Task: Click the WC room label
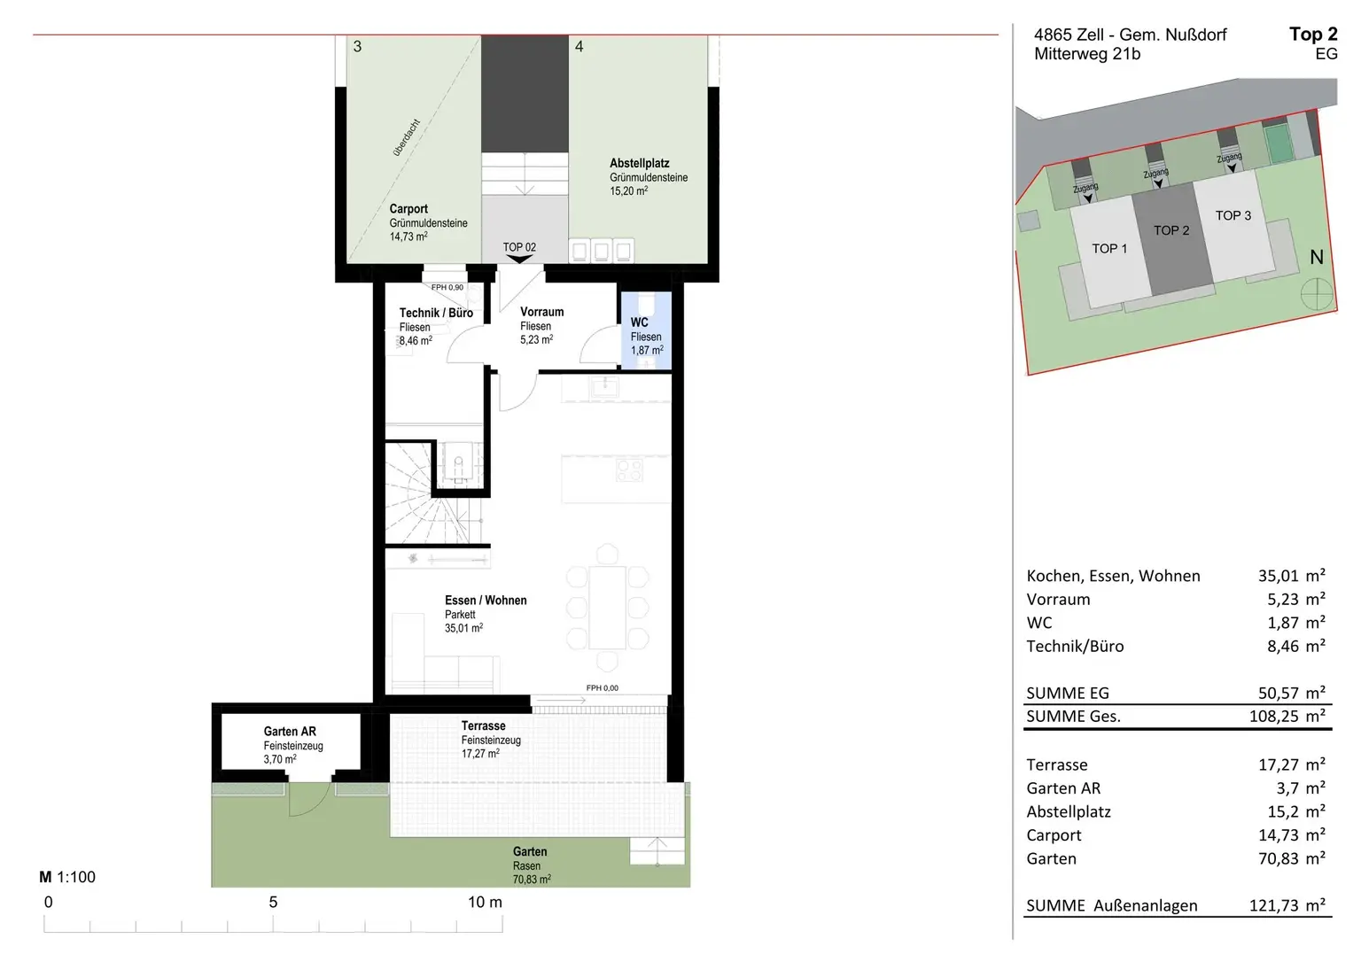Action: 639,322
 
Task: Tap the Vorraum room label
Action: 542,312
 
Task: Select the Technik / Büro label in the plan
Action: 436,313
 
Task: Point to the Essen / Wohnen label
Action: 486,600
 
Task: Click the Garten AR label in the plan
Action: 290,731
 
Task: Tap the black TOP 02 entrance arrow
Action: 519,260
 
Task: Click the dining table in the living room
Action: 607,608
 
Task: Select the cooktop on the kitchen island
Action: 629,469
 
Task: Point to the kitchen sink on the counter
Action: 604,386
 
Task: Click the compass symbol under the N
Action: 1317,296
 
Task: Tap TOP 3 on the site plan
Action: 1233,215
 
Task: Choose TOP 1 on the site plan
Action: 1109,248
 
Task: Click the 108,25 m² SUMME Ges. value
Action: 1287,716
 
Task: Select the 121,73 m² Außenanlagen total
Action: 1287,905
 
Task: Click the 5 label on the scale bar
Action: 274,902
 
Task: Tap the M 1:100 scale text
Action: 67,877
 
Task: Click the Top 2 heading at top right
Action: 1314,34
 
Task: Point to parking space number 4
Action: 579,47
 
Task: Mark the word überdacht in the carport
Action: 407,138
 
